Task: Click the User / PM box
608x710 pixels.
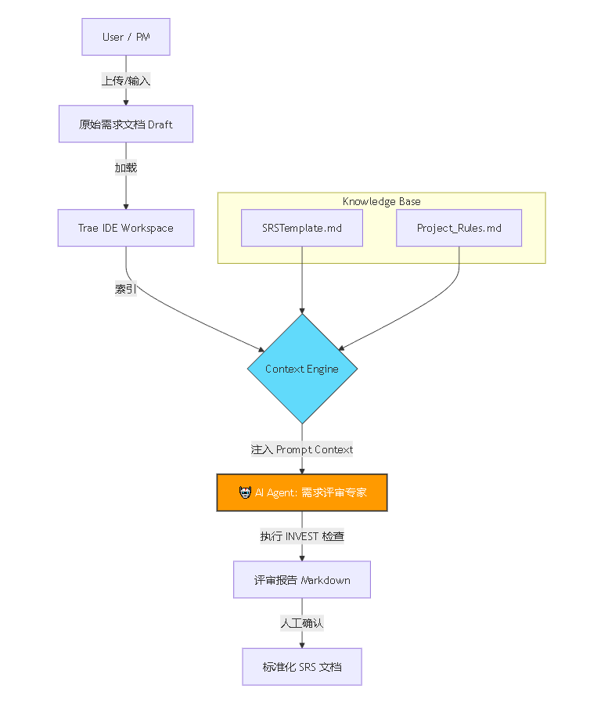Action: (126, 37)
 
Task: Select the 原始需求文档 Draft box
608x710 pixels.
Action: (126, 124)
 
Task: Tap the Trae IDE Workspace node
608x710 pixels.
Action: (126, 228)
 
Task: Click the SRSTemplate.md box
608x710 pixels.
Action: (302, 228)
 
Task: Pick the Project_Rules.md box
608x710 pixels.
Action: (459, 228)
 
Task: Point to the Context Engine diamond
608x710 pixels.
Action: (302, 369)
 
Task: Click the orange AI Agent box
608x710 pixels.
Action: (302, 492)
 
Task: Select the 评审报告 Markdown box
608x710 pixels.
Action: (302, 580)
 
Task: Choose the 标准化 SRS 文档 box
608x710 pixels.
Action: (302, 667)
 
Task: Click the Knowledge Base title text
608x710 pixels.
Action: (381, 201)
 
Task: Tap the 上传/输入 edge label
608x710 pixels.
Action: (126, 80)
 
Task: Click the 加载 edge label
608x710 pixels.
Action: (126, 168)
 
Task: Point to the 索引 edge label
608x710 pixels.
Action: (126, 289)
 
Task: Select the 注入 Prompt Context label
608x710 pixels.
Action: (302, 449)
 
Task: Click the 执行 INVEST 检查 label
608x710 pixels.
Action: (302, 536)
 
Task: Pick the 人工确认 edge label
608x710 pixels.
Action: (302, 623)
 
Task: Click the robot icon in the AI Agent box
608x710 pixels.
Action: (245, 492)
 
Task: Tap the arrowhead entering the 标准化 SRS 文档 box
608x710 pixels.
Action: (302, 644)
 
